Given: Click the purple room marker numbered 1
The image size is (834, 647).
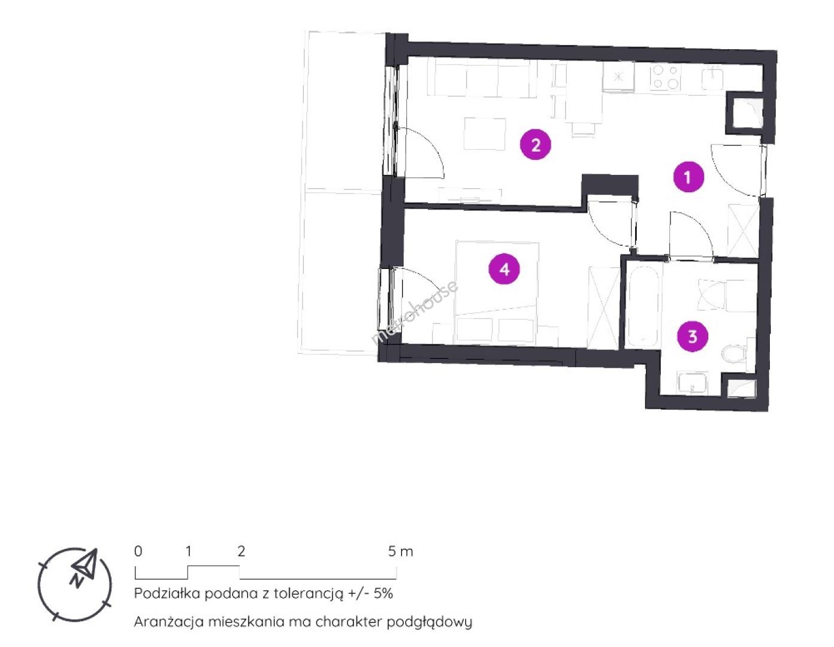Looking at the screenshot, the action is click(x=688, y=177).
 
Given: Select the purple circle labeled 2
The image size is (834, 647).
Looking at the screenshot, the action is click(x=536, y=145).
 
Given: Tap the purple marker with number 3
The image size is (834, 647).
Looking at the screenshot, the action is click(x=693, y=337).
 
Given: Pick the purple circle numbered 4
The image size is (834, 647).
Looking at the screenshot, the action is click(x=504, y=269).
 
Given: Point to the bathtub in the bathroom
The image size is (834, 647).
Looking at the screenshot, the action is click(x=643, y=306).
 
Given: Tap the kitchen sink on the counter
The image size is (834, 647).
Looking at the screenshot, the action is click(x=713, y=78).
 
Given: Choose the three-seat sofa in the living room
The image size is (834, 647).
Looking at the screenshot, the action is click(x=482, y=77).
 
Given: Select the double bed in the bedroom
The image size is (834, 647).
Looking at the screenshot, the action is click(x=497, y=292).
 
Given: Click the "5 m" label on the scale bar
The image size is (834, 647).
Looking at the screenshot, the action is click(x=400, y=551).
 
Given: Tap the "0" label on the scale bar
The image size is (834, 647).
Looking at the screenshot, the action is click(x=138, y=551).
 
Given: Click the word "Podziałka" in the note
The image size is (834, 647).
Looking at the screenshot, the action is click(x=167, y=593).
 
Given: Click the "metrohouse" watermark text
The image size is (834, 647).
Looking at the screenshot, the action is click(x=414, y=312).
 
